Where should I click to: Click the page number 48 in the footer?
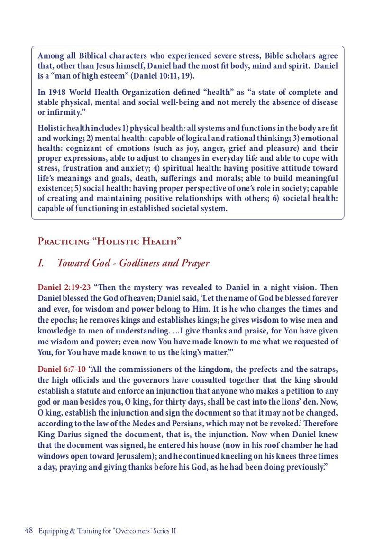pos(28,531)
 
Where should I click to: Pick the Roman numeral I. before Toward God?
pos(41,263)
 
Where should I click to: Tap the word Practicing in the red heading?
pos(63,241)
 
